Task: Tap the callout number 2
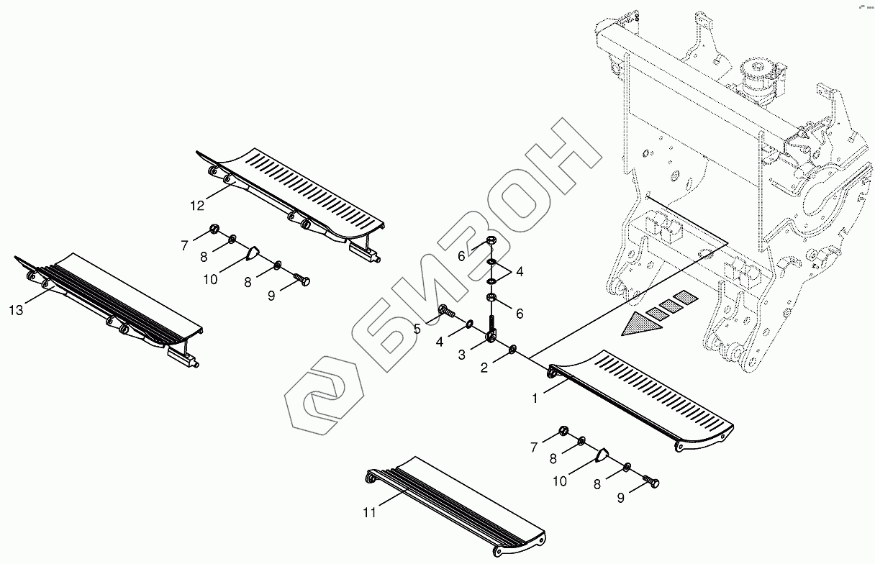pyautogui.click(x=484, y=368)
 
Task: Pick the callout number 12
pyautogui.click(x=197, y=205)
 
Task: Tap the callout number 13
pyautogui.click(x=17, y=310)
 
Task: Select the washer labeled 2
pyautogui.click(x=512, y=350)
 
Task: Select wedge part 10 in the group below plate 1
pyautogui.click(x=602, y=454)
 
